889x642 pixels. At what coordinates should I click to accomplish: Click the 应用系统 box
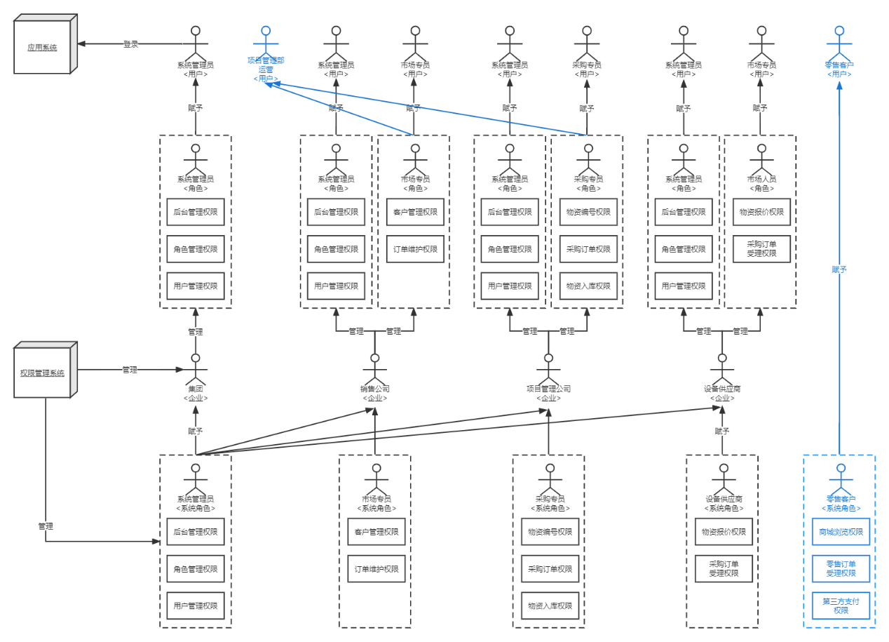click(42, 48)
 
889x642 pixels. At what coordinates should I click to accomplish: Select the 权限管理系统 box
click(42, 373)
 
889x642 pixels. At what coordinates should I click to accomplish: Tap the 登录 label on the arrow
click(130, 44)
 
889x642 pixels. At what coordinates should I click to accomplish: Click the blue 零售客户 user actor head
click(839, 30)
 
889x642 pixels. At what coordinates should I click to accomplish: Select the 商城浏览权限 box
click(841, 532)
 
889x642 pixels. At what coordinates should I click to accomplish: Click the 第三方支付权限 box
click(841, 606)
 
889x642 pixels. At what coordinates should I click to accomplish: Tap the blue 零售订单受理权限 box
click(841, 568)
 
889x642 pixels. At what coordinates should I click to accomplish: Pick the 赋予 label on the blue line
click(839, 269)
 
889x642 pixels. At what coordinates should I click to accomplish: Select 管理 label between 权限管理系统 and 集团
click(130, 369)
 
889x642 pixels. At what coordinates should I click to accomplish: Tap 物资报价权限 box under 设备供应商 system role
click(724, 532)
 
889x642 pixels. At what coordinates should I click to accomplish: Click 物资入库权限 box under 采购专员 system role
click(550, 606)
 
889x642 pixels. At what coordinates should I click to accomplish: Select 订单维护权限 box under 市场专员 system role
click(376, 568)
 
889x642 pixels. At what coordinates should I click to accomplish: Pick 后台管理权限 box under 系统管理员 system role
click(196, 532)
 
